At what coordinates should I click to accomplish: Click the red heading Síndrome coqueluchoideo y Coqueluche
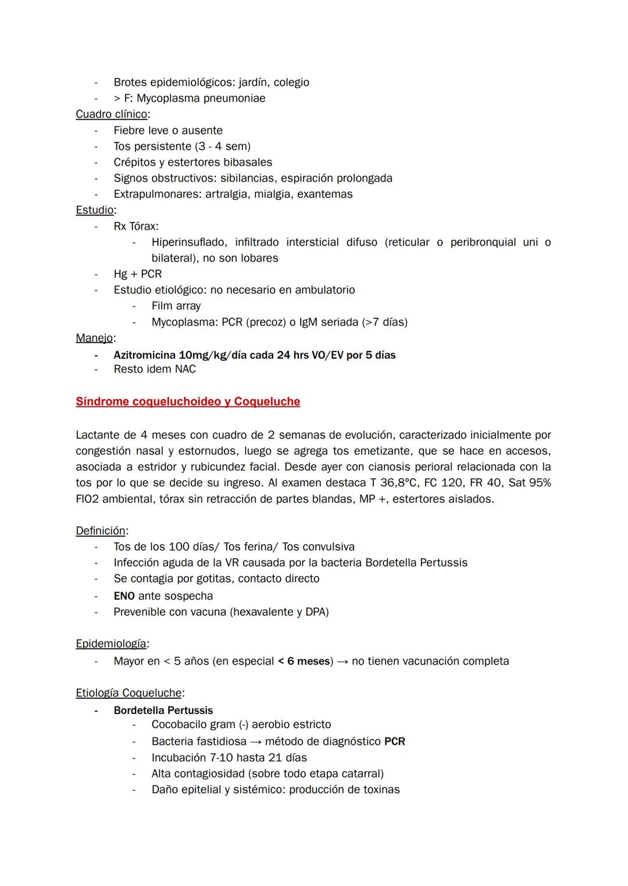[x=188, y=401]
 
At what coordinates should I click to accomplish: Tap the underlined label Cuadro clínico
[x=111, y=114]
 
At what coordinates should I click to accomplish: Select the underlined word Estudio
[x=94, y=210]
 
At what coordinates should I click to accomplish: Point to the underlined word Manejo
[x=94, y=338]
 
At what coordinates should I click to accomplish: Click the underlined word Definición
[x=101, y=530]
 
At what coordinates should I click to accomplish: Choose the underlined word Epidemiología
[x=110, y=644]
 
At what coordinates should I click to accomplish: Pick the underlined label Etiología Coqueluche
[x=129, y=693]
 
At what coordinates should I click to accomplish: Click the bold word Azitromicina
[x=145, y=355]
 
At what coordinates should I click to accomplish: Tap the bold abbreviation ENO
[x=124, y=596]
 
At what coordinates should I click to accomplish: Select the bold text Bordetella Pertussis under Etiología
[x=163, y=711]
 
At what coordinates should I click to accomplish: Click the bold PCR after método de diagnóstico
[x=395, y=742]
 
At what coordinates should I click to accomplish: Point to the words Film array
[x=176, y=306]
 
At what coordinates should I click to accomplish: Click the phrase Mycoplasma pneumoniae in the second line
[x=201, y=98]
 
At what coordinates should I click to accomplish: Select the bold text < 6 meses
[x=304, y=661]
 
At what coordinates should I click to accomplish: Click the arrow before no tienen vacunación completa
[x=342, y=661]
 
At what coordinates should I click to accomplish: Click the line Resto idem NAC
[x=155, y=370]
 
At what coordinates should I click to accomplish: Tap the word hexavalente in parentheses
[x=263, y=612]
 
